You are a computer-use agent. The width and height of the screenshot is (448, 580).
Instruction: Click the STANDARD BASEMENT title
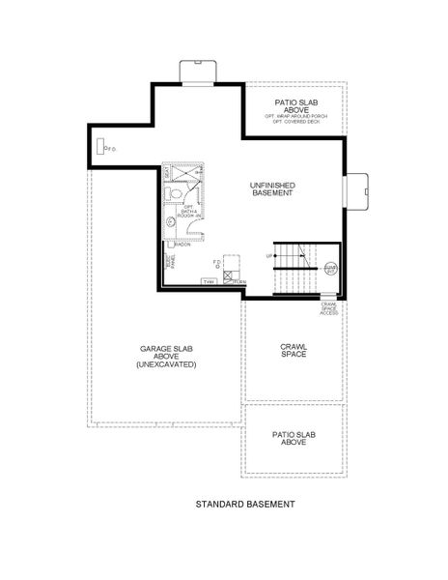point(244,504)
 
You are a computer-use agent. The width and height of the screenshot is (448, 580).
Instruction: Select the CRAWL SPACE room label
point(294,350)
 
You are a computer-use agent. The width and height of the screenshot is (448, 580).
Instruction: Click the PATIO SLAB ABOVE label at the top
point(297,104)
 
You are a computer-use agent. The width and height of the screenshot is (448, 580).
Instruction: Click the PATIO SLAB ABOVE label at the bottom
point(294,436)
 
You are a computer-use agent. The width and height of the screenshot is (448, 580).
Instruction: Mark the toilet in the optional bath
point(175,194)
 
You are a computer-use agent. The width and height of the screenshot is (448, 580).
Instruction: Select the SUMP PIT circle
point(330,272)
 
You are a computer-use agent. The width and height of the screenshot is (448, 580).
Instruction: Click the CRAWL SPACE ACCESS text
point(329,309)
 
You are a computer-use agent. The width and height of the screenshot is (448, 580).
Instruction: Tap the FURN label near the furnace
point(239,281)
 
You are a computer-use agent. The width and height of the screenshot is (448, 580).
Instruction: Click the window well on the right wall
point(357,190)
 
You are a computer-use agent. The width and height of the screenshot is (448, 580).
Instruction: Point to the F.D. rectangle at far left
point(100,146)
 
